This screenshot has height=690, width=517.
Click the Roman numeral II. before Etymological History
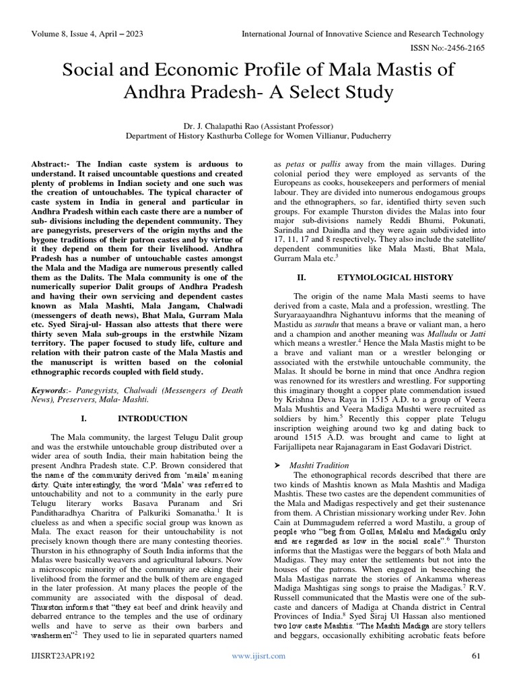coord(302,277)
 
